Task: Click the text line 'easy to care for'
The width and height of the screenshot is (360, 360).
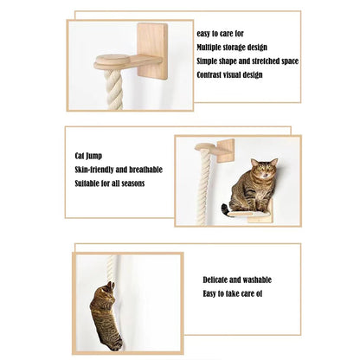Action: [x=221, y=34]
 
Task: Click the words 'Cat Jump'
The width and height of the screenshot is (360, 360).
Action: [x=91, y=157]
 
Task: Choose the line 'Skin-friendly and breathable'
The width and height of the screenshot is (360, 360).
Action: [x=119, y=170]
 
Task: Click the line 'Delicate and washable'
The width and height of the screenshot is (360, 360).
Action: [x=236, y=280]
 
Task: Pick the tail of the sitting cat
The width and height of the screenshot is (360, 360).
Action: [x=227, y=208]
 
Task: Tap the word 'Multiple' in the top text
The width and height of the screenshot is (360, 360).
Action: [x=210, y=47]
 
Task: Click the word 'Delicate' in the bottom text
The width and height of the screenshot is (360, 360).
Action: [x=217, y=280]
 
